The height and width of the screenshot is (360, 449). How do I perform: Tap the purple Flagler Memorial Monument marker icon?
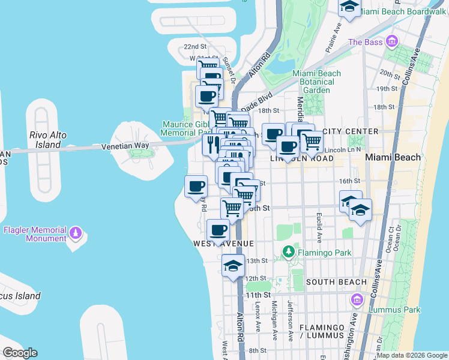tap(76, 232)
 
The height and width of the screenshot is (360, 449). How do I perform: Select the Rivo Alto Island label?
tap(48, 140)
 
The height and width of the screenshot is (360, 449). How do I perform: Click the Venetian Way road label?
tap(124, 145)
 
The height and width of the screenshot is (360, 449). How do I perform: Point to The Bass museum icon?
tap(392, 41)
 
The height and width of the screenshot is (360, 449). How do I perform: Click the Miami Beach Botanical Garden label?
tap(316, 82)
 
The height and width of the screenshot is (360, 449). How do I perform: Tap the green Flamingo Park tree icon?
tap(289, 253)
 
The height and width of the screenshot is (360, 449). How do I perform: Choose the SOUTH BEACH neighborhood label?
tap(336, 282)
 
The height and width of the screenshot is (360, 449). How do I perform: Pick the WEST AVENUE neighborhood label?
tap(223, 244)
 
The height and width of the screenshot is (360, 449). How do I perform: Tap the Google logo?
tap(19, 353)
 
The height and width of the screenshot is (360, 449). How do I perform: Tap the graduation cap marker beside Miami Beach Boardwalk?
tap(349, 7)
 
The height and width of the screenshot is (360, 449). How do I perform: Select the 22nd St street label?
tap(195, 47)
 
